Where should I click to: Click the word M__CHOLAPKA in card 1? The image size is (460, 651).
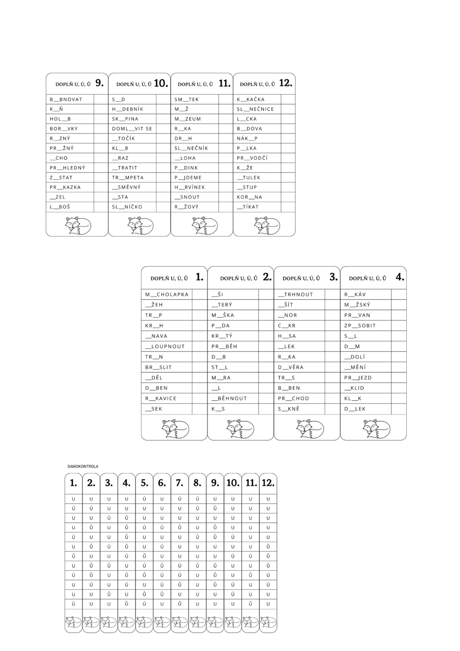(167, 295)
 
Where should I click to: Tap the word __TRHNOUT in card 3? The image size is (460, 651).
(295, 295)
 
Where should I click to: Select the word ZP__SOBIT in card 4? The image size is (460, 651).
(360, 326)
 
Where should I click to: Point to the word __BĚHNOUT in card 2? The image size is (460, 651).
(229, 399)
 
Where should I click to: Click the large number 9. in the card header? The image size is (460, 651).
(99, 83)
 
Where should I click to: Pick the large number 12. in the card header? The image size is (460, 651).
(286, 83)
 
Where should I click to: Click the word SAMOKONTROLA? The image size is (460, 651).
(83, 466)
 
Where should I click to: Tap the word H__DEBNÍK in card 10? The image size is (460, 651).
(128, 109)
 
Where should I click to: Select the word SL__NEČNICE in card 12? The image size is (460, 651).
(255, 109)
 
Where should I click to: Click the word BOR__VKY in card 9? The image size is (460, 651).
(64, 129)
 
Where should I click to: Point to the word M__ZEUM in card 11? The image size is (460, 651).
(188, 119)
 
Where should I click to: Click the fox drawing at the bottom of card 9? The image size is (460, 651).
(78, 225)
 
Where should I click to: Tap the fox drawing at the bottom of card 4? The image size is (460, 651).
(376, 429)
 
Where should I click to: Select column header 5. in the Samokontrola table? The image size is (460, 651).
(144, 483)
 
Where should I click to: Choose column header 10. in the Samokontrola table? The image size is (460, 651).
(233, 483)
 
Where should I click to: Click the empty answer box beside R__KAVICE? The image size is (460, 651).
(200, 399)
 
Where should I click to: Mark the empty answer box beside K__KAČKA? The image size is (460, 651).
(288, 99)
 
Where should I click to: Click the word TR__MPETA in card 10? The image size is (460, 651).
(128, 178)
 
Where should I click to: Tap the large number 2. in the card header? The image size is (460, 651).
(267, 277)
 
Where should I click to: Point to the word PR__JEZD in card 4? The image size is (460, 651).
(358, 378)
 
